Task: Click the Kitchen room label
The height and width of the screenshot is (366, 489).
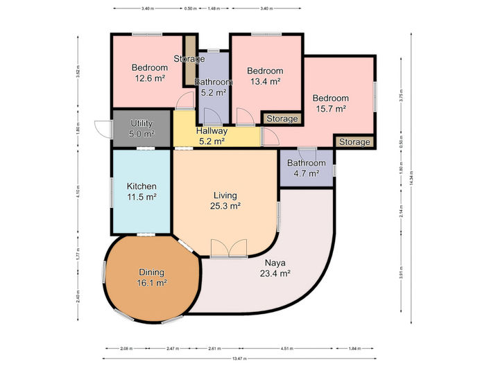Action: tap(141, 186)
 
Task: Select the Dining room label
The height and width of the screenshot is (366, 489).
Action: tap(151, 272)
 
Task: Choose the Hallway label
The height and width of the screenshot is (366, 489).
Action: tap(211, 131)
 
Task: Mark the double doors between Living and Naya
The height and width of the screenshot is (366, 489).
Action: tap(228, 249)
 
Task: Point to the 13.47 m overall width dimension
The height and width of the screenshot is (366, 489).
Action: tap(239, 358)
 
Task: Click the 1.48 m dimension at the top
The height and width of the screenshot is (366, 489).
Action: tap(214, 9)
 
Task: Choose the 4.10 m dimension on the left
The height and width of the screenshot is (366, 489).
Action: tap(78, 189)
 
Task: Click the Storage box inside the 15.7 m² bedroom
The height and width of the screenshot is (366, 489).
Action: tap(354, 142)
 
